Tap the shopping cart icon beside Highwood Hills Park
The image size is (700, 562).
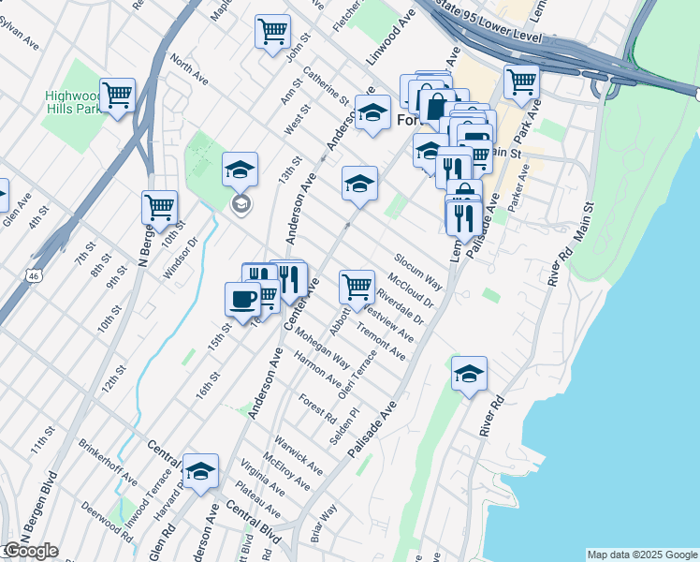coord(118,95)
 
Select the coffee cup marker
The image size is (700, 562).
coord(242,299)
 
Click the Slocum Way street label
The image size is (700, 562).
coord(417,269)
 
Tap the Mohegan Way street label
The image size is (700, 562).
coord(322,348)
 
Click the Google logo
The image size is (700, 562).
coord(30,551)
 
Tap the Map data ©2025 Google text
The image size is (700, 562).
coord(642,555)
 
